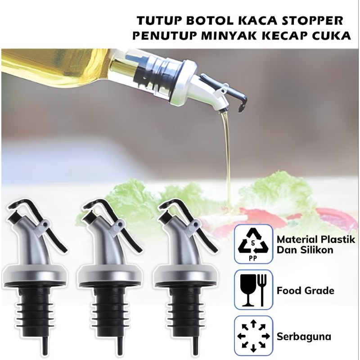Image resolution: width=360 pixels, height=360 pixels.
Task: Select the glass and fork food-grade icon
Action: (x=253, y=290)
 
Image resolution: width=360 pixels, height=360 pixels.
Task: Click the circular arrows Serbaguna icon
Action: (x=253, y=336)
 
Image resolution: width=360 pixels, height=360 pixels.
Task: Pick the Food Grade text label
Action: (x=306, y=291)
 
